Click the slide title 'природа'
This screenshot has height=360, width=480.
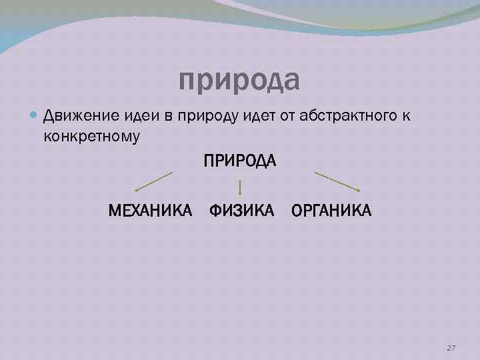click(x=239, y=81)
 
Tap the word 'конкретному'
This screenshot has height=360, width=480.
click(x=91, y=136)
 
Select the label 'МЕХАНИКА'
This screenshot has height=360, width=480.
click(x=151, y=211)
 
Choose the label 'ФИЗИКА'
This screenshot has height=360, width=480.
click(x=241, y=211)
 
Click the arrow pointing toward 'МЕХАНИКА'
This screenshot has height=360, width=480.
click(x=153, y=182)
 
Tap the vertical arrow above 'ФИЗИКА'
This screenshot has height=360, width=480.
click(x=239, y=187)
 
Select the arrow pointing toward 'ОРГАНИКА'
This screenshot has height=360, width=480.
click(x=337, y=183)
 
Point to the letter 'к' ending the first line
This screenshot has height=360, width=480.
click(x=405, y=117)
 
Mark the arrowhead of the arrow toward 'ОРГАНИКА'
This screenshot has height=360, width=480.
click(x=358, y=192)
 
